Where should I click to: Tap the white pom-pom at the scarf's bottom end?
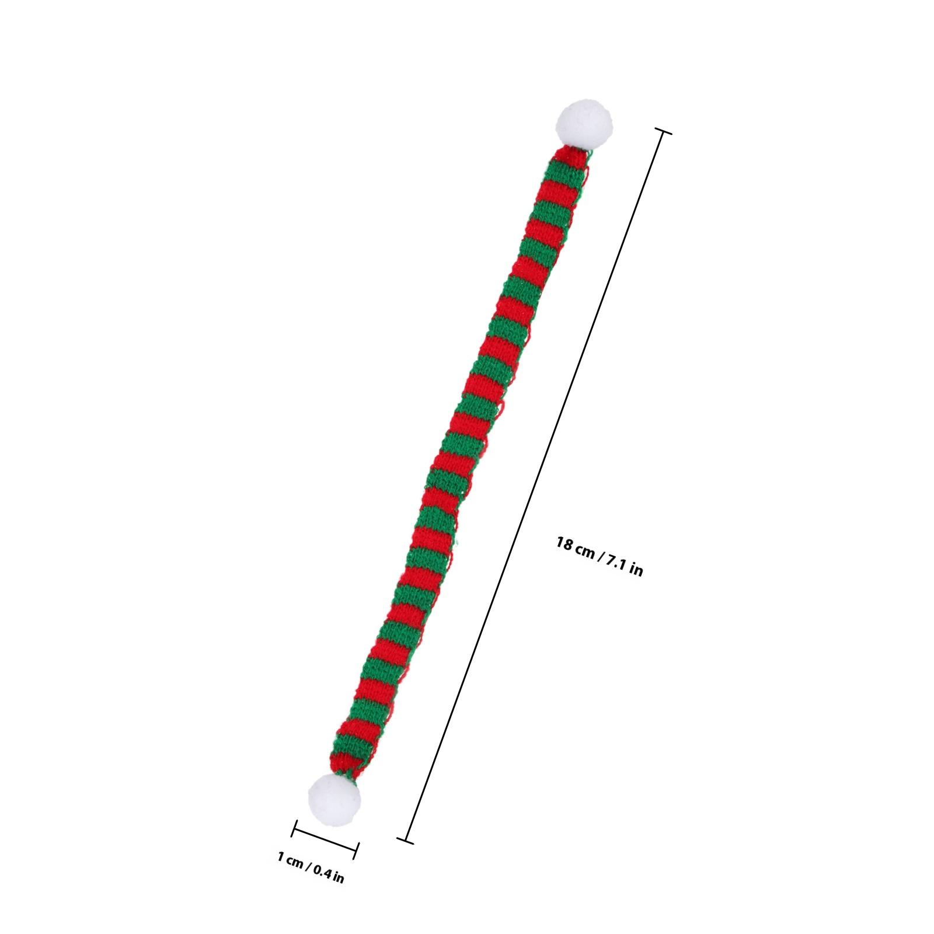[x=334, y=794]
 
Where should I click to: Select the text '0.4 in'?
[x=328, y=874]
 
